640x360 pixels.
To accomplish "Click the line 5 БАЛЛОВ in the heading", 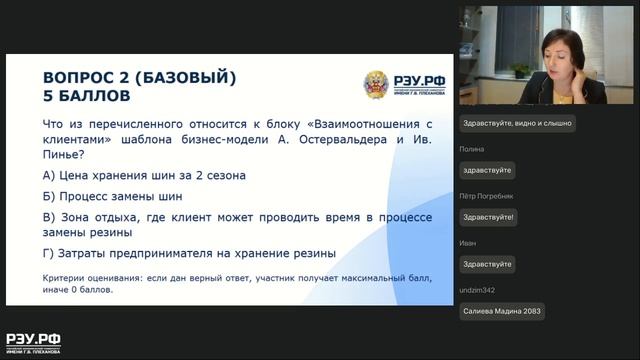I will (x=87, y=97).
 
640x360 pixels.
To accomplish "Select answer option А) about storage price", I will (x=144, y=175).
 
